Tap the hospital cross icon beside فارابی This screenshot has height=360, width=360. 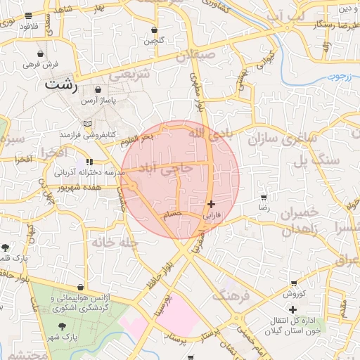click(212, 204)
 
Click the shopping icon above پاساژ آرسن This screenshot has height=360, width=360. click(97, 89)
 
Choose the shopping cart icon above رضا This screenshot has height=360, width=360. click(263, 198)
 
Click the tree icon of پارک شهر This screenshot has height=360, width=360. click(63, 326)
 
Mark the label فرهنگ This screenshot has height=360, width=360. click(231, 295)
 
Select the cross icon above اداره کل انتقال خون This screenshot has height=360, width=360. click(293, 309)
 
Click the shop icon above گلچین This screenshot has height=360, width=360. click(154, 30)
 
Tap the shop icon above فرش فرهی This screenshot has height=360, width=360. click(41, 53)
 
